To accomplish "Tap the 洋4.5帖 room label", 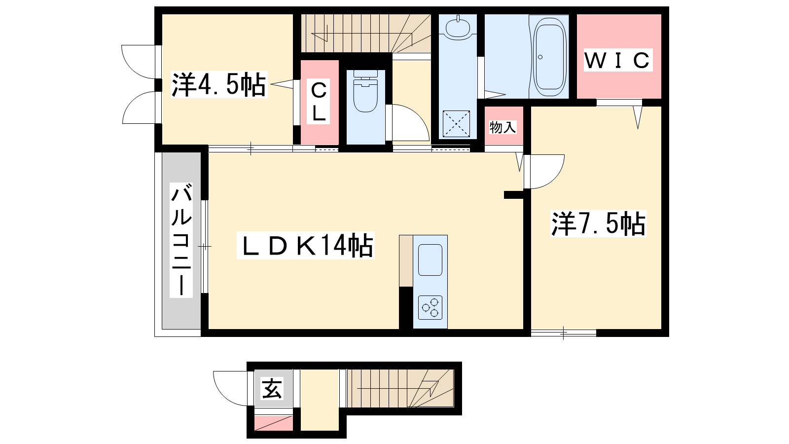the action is [219, 84].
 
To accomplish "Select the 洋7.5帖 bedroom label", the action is [598, 223].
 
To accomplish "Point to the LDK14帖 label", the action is [305, 246].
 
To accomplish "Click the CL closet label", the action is [319, 101].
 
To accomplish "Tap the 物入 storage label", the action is [502, 127].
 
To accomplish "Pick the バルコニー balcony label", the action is [181, 240].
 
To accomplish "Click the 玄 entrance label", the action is [272, 389].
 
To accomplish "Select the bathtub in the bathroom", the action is [549, 57].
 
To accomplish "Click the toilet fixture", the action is [365, 91].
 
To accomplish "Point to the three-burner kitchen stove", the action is [430, 308].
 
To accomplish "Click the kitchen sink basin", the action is [430, 260].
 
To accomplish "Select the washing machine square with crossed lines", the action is [456, 124].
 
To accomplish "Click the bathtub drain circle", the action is [540, 57].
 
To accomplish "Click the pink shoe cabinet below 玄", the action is [274, 423].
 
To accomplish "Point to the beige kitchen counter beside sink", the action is [406, 261].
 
